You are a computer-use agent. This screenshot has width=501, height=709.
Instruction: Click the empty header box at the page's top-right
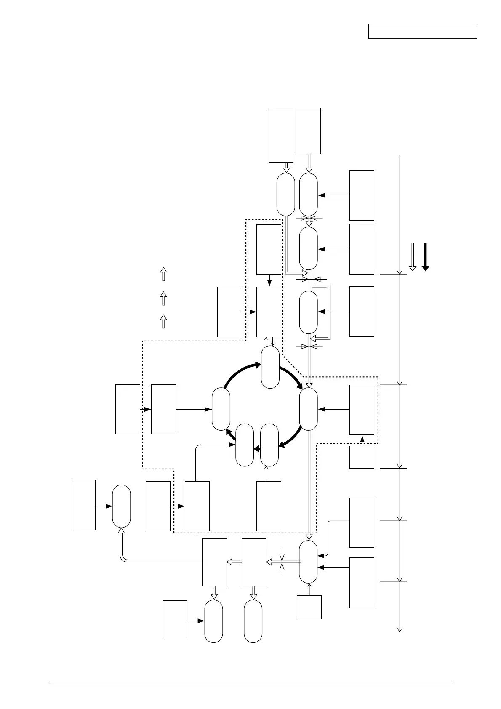(x=422, y=32)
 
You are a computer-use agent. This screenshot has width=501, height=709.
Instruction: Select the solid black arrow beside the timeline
(x=425, y=256)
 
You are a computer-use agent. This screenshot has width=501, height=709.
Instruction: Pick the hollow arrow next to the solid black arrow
(x=413, y=256)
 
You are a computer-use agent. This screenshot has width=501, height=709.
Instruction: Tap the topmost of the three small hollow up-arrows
(x=163, y=274)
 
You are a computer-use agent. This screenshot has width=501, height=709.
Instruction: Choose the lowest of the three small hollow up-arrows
(x=163, y=321)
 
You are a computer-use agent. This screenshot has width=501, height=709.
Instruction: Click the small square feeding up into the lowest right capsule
(x=309, y=607)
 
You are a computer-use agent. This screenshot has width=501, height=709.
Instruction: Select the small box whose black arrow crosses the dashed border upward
(x=362, y=457)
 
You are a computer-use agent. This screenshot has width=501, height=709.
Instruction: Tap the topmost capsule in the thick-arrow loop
(x=270, y=367)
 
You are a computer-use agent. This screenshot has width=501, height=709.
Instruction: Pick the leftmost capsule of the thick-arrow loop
(x=221, y=409)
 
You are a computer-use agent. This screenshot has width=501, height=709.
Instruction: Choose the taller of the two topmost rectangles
(x=281, y=135)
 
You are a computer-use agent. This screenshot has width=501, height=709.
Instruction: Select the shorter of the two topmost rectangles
(x=308, y=131)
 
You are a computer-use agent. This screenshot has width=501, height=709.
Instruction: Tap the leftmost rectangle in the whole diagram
(x=83, y=505)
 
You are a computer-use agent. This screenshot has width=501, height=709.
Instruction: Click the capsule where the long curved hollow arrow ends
(x=121, y=506)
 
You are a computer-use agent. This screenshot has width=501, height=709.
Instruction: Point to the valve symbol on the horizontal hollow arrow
(x=282, y=562)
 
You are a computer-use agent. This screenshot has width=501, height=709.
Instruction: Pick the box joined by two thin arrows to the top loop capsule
(x=269, y=312)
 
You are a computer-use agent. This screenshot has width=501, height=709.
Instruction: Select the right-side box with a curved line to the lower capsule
(x=362, y=522)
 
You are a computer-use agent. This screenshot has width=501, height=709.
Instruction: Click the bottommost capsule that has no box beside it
(x=253, y=621)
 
